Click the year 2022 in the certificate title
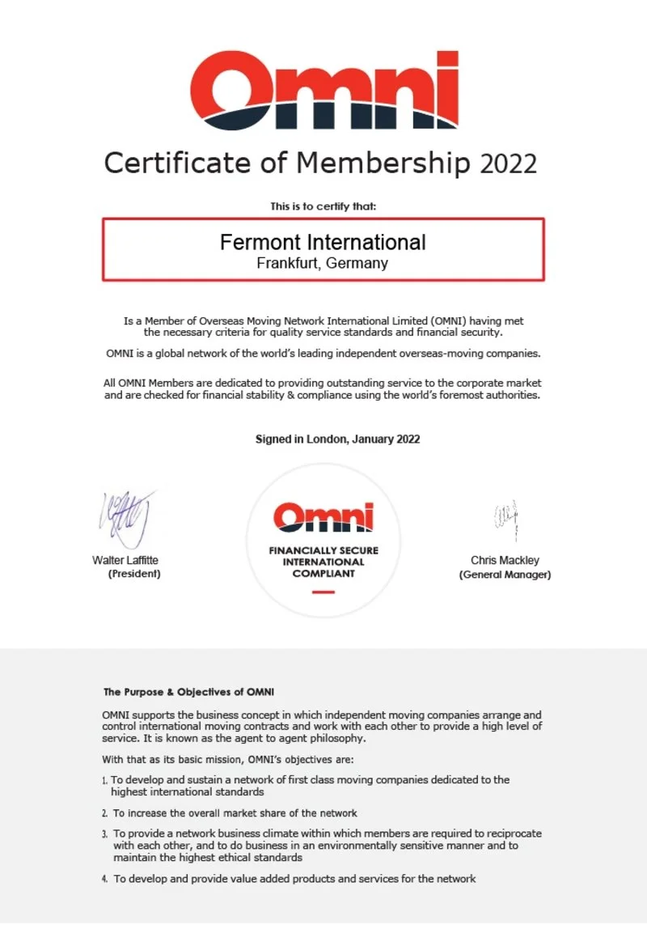(x=508, y=164)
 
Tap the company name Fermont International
(x=323, y=242)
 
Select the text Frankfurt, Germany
(x=323, y=263)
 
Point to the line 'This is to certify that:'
(x=323, y=206)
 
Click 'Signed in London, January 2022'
(x=337, y=439)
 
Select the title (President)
(x=134, y=574)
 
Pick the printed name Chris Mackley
(x=505, y=560)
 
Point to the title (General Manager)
(x=505, y=575)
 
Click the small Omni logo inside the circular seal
(x=323, y=516)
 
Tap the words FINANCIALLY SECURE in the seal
(x=323, y=550)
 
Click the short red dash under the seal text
(x=323, y=592)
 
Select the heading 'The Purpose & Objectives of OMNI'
(x=188, y=692)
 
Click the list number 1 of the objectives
(x=105, y=781)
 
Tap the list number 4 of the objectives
(x=105, y=879)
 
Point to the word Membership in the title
(x=383, y=163)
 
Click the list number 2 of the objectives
(x=105, y=813)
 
